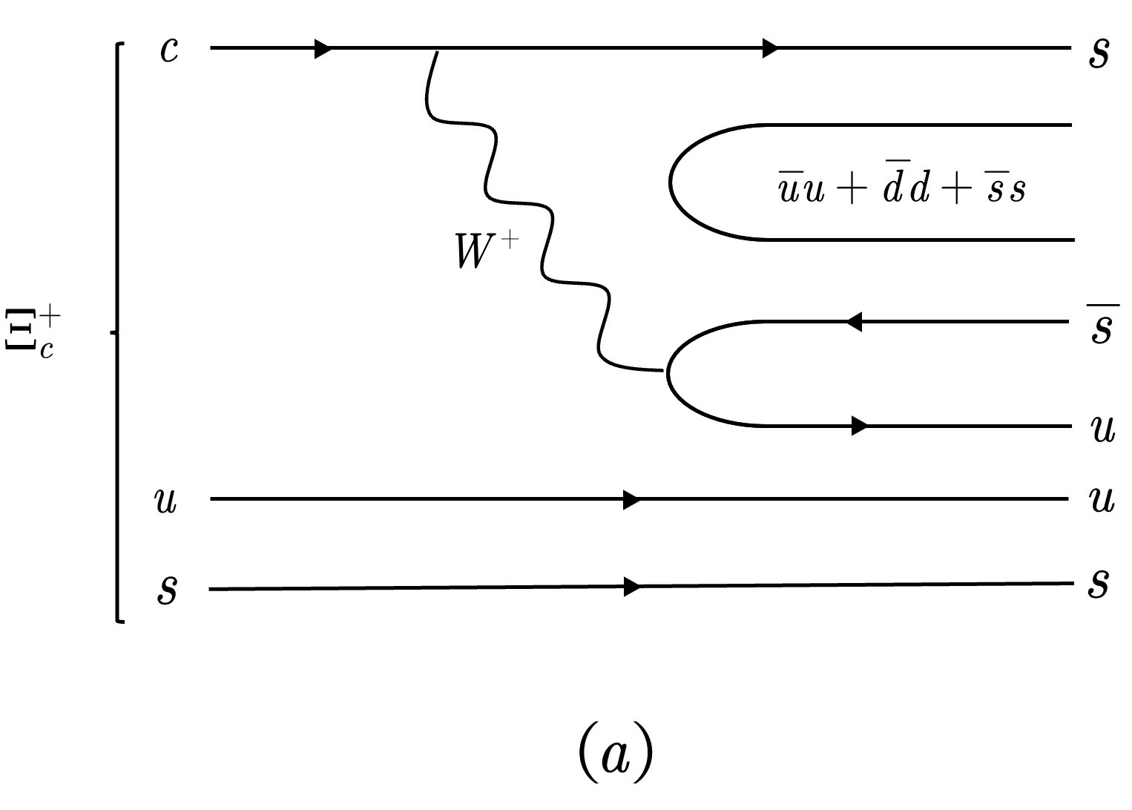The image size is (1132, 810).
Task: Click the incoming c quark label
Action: (x=169, y=50)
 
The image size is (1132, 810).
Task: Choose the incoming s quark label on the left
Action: (x=167, y=589)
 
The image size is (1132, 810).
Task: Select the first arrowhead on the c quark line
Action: (x=323, y=49)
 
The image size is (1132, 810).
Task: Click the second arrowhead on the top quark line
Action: (x=771, y=49)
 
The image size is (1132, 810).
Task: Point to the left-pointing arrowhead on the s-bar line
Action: (x=853, y=322)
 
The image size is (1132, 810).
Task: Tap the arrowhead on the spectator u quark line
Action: (x=631, y=500)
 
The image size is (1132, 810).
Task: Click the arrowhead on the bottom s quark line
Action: (x=631, y=587)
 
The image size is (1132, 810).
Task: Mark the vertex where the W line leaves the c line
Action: (x=437, y=50)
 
